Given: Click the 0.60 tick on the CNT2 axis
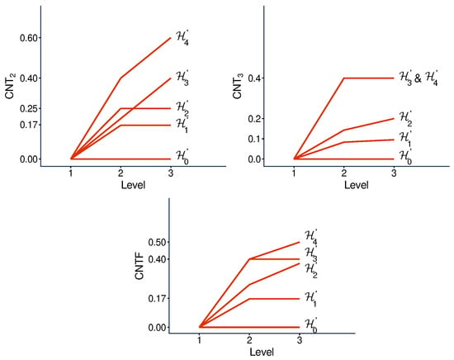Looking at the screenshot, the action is click(29, 38).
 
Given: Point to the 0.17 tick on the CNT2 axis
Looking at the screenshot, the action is click(29, 126).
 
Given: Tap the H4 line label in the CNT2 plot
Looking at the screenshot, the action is click(182, 38).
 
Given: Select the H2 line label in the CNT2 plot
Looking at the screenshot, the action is click(182, 108).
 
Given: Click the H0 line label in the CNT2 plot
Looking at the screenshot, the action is click(182, 157).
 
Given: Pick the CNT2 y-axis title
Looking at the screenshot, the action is click(10, 87).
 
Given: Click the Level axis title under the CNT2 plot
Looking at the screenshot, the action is click(133, 185).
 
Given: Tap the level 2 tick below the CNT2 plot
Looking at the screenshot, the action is click(121, 173).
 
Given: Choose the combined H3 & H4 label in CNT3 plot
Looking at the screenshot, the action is click(419, 78).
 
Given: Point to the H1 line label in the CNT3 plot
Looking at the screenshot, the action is click(405, 138).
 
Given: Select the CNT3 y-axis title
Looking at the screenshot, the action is click(238, 87).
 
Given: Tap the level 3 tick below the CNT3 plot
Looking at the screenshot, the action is click(394, 173).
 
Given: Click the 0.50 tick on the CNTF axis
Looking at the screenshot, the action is click(157, 242).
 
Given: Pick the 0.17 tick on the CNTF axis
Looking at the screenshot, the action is click(157, 299).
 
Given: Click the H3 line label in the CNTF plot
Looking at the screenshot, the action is click(311, 254).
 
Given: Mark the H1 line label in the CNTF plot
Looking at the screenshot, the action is click(311, 299).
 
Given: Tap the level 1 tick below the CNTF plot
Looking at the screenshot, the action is click(199, 340).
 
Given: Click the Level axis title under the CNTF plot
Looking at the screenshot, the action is click(262, 353).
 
